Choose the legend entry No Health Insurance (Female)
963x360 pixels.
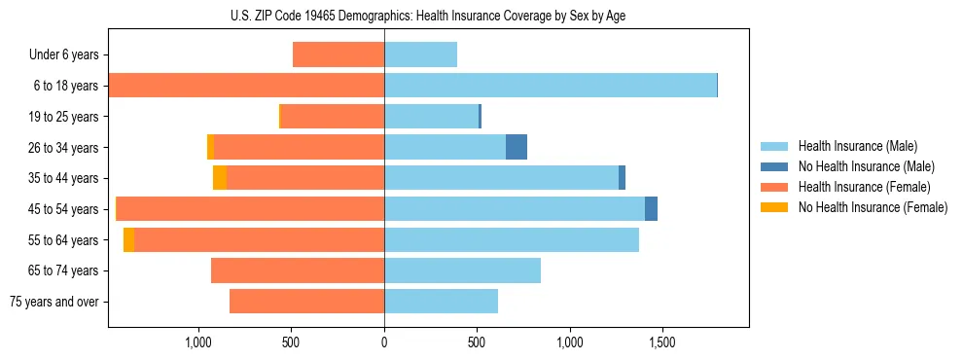pos(873,207)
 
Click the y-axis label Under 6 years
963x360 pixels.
pos(63,54)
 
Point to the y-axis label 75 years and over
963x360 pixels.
pos(53,302)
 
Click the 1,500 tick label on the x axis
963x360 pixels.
pos(661,342)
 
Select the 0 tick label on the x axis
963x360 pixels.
pos(384,342)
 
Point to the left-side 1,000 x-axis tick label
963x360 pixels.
pos(198,342)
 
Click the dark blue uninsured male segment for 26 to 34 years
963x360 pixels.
pos(517,147)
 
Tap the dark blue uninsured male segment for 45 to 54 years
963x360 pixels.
pos(651,209)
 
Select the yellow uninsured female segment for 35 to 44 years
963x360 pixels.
pos(220,178)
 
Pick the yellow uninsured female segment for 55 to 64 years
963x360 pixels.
pos(128,240)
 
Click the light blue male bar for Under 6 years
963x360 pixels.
pos(420,54)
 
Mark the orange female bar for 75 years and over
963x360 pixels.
pos(306,302)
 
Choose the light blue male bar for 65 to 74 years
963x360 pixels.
pos(462,270)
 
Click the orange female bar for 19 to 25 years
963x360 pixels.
pos(332,117)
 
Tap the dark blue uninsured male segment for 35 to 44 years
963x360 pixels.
pos(622,178)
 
